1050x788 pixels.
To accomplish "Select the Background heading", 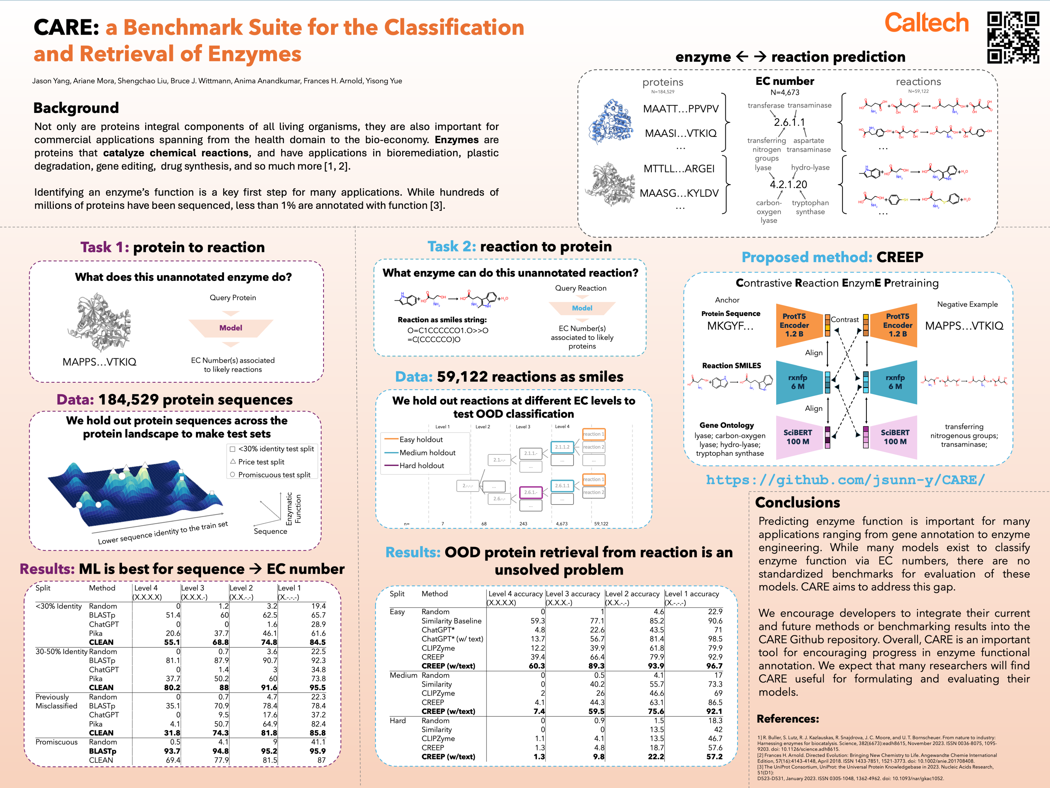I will [76, 108].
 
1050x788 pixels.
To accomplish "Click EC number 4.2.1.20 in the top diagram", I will [788, 184].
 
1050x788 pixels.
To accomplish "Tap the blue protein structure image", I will [610, 123].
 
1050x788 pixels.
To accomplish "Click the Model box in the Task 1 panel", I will [231, 328].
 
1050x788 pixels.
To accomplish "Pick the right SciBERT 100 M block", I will [894, 437].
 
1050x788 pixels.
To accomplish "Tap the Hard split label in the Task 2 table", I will [398, 720].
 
